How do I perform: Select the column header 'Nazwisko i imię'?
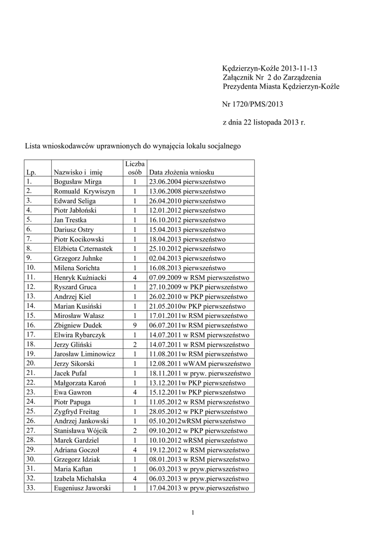tap(78, 172)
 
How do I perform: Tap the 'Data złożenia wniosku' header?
tap(182, 172)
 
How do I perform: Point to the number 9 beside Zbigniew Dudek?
tap(135, 325)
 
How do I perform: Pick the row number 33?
tap(30, 487)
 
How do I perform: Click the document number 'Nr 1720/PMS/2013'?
tap(252, 105)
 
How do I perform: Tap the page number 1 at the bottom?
tap(192, 513)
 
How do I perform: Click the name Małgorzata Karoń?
tap(78, 382)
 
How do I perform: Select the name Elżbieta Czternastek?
tap(83, 248)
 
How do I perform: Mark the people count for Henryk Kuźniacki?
tap(135, 277)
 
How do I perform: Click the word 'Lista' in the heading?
tap(33, 145)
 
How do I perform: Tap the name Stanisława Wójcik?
tap(79, 430)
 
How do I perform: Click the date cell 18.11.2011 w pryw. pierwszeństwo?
tap(197, 373)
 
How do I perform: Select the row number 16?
tap(30, 325)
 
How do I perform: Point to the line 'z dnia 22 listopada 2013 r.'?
tap(263, 123)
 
